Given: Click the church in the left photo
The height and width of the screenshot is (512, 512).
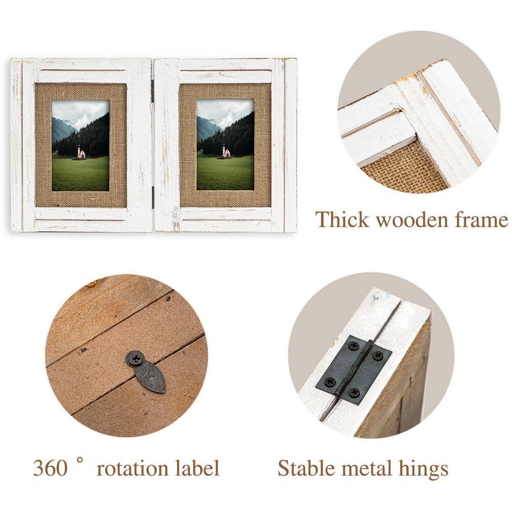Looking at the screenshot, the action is point(81,152).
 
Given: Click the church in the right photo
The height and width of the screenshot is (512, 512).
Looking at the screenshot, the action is point(226,151).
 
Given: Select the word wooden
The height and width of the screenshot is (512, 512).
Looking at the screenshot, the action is point(412,220).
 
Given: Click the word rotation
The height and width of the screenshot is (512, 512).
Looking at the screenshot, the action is point(133,469).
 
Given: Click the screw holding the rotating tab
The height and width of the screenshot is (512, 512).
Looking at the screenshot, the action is point(135,359).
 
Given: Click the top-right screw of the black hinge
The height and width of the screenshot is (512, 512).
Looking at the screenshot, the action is point(378,355).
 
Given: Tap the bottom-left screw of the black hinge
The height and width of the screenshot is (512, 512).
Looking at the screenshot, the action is point(330,381).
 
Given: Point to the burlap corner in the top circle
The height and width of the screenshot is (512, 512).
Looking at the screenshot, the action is point(404,170).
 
